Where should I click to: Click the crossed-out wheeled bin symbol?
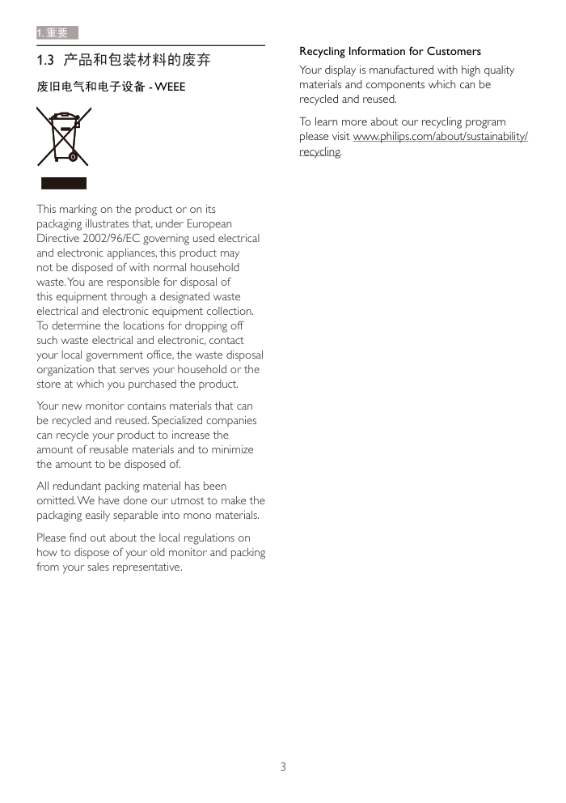coord(63,138)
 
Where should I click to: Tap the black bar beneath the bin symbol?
coord(64,183)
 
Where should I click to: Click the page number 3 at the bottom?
coord(283,767)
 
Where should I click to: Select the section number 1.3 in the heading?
coord(45,61)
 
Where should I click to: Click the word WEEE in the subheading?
coord(170,87)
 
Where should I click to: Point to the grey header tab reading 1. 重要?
coord(57,33)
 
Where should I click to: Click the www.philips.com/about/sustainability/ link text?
coord(441,137)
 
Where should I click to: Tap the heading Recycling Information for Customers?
coord(390,51)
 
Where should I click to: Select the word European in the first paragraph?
coord(209,223)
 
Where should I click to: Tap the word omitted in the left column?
coord(56,500)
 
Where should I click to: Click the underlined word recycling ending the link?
coord(319,151)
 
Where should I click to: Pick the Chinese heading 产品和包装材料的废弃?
coord(137,61)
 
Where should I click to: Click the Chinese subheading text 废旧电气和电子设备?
coord(91,87)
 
